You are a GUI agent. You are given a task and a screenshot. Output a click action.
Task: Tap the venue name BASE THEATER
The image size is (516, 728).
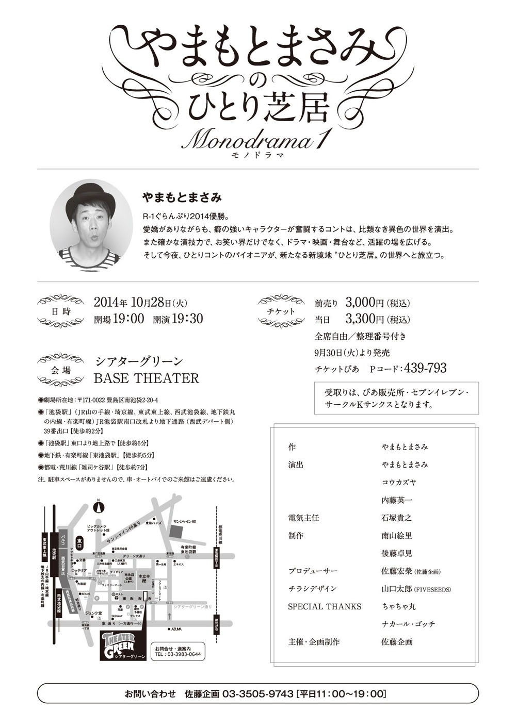pos(146,378)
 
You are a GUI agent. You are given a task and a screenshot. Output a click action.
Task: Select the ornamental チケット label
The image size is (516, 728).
pos(283,311)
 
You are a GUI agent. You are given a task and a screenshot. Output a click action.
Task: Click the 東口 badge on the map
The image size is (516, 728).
pos(79,541)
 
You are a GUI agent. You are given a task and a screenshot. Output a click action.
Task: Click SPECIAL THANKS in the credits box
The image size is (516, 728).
pos(325,606)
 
